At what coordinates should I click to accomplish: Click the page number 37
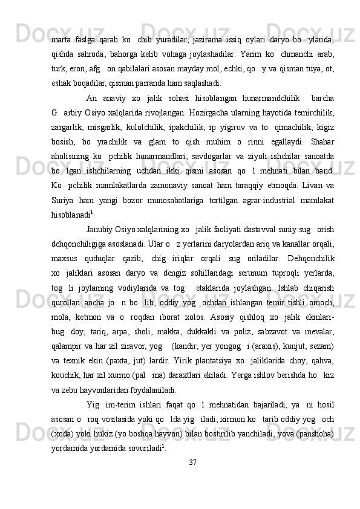coord(193,463)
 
